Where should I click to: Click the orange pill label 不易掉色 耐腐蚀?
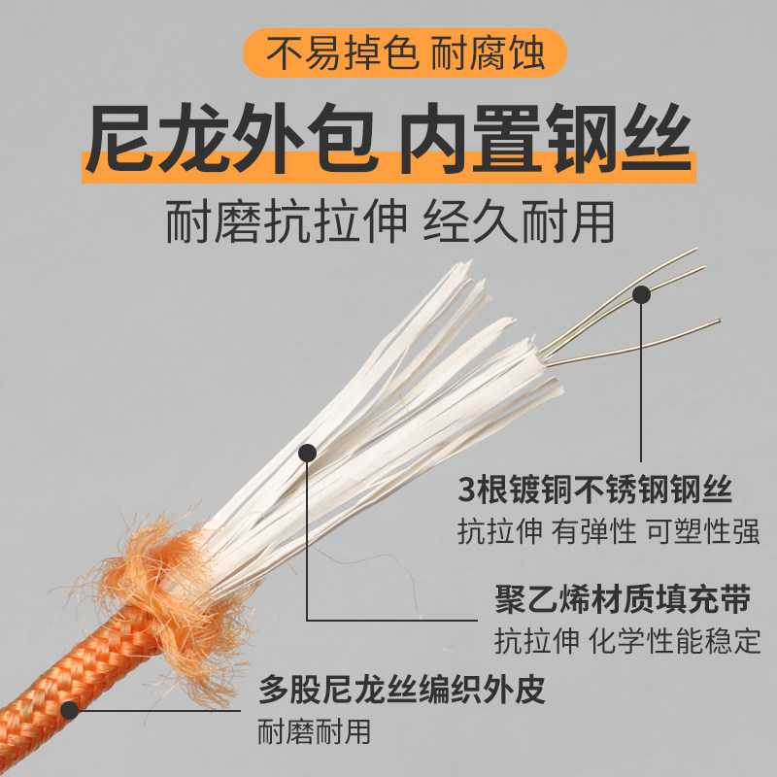coord(404,52)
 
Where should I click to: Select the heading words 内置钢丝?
coord(545,138)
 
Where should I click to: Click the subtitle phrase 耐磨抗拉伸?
coord(286,221)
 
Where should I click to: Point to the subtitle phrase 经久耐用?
coord(519,221)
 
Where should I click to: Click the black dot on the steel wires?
coord(641,295)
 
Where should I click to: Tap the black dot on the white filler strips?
coord(307,453)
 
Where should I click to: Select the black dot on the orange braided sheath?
coord(70,711)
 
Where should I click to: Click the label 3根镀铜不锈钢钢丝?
coord(595,490)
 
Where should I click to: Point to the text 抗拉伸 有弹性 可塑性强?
coord(609,530)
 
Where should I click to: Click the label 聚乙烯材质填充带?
coord(623,598)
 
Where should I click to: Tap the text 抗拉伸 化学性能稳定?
coord(626,641)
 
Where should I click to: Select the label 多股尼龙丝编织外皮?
coord(401,689)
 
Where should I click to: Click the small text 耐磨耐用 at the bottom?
coord(314,731)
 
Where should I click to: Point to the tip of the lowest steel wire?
coord(720,321)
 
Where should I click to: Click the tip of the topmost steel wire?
coord(696,249)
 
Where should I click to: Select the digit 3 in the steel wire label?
coord(467,490)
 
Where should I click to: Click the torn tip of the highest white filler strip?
coord(465,266)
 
